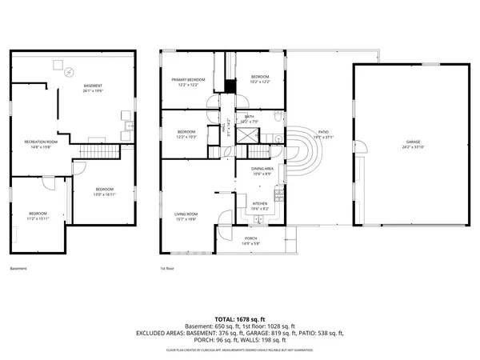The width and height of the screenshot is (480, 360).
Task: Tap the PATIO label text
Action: (324, 132)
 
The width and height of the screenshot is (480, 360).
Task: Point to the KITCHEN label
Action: (260, 204)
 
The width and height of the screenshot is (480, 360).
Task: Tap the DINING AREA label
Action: (263, 169)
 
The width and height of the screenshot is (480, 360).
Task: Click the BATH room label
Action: (250, 117)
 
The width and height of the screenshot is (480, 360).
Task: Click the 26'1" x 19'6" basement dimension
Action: (93, 90)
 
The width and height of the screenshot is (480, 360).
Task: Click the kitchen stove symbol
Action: (278, 196)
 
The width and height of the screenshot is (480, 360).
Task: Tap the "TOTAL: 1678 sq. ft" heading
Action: (239, 319)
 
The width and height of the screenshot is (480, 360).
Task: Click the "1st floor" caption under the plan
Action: (166, 270)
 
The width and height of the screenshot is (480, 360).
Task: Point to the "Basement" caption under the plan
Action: (18, 270)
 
